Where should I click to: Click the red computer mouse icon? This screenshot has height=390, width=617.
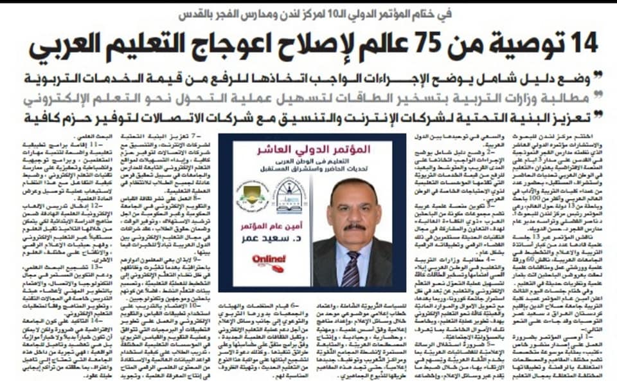(x=277, y=268)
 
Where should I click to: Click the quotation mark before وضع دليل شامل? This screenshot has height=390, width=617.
(x=598, y=77)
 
